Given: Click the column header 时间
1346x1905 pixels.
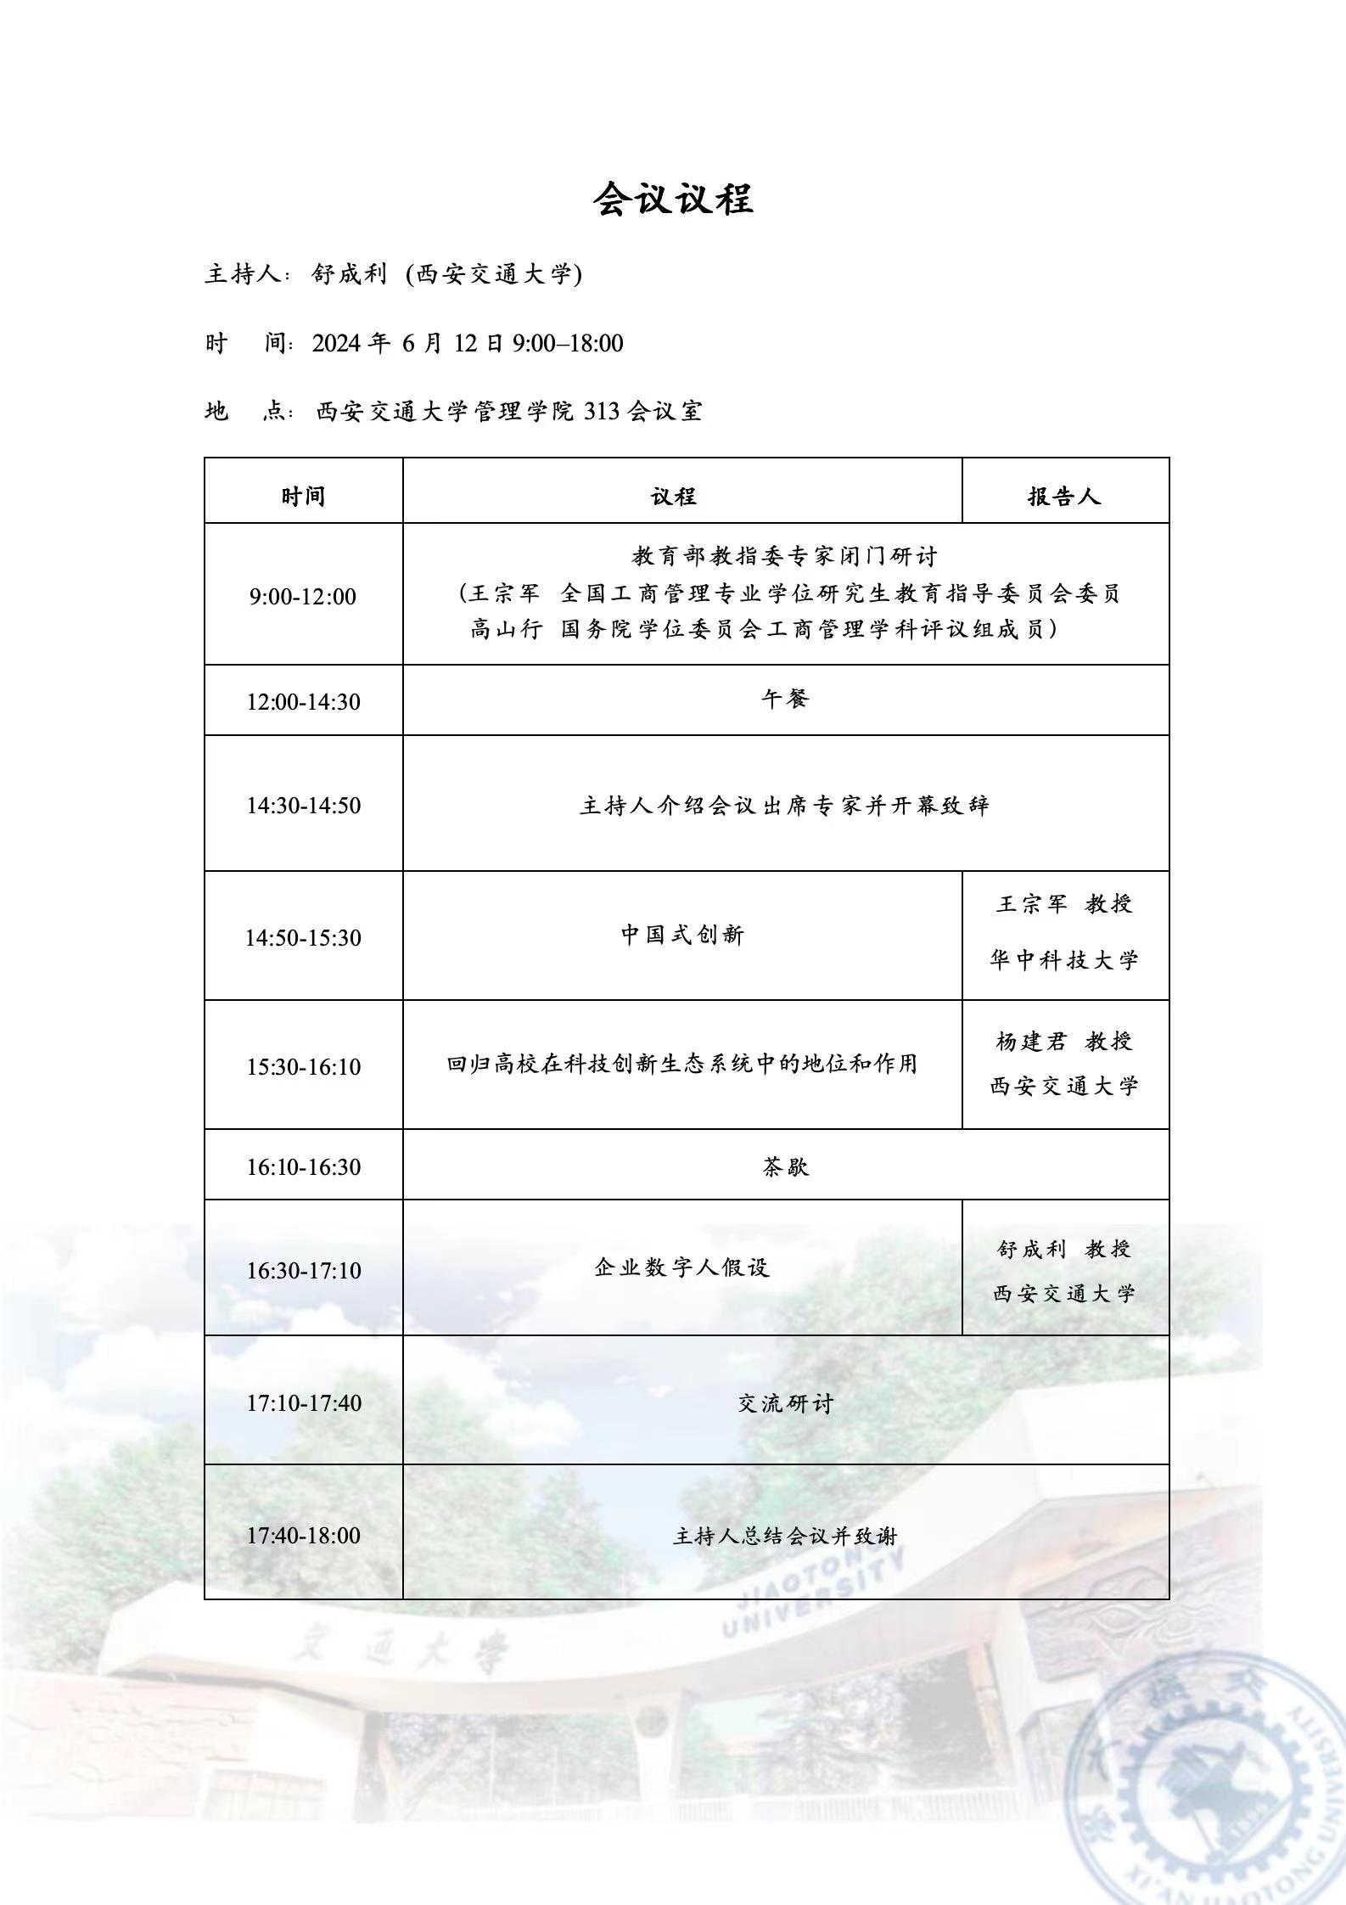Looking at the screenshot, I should tap(303, 496).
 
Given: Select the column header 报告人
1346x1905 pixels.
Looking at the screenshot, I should tap(1064, 496).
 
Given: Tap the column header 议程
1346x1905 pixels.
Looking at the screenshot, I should tap(674, 496).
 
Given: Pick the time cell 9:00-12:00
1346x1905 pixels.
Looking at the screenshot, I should tap(303, 596).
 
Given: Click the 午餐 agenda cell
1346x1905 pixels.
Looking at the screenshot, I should tap(785, 700).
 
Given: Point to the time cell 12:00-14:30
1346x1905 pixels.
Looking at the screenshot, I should tap(303, 702).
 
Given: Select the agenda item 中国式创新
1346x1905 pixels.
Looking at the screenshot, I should tap(682, 935).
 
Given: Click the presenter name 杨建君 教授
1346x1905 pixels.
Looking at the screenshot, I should tap(1064, 1041).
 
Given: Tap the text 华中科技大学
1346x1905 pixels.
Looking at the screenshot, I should tap(1064, 960).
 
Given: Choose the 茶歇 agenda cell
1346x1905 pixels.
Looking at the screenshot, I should tap(785, 1166).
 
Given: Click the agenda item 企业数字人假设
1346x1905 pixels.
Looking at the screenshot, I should tap(682, 1267).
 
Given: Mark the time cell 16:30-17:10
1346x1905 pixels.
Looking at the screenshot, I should tap(303, 1271).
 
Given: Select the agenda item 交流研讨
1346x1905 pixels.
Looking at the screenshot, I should tap(785, 1403).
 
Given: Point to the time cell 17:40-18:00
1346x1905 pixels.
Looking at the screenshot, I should tap(303, 1535).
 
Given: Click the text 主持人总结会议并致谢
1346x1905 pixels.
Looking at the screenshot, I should tap(785, 1536).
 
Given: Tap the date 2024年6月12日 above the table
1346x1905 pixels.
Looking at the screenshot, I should tap(409, 343).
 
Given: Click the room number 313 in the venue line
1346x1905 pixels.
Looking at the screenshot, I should tap(602, 412).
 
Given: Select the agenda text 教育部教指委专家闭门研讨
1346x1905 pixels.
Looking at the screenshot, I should tap(785, 556).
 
